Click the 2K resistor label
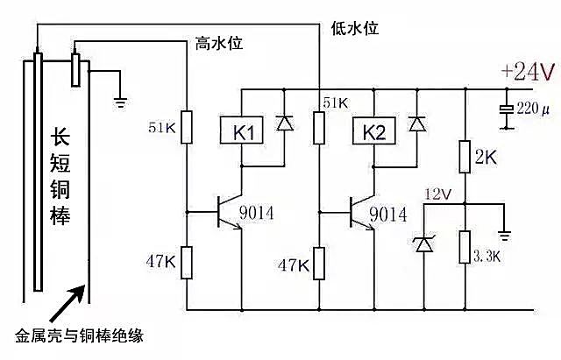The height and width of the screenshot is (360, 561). (x=488, y=159)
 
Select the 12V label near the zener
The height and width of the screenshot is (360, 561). (x=436, y=193)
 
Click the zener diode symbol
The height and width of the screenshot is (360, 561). (x=424, y=244)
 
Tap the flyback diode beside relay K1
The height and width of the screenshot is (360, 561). (x=284, y=124)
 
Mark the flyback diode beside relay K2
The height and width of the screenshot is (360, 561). (x=415, y=124)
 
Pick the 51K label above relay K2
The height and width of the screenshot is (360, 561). (x=336, y=102)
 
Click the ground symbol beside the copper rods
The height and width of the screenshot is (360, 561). (x=121, y=101)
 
